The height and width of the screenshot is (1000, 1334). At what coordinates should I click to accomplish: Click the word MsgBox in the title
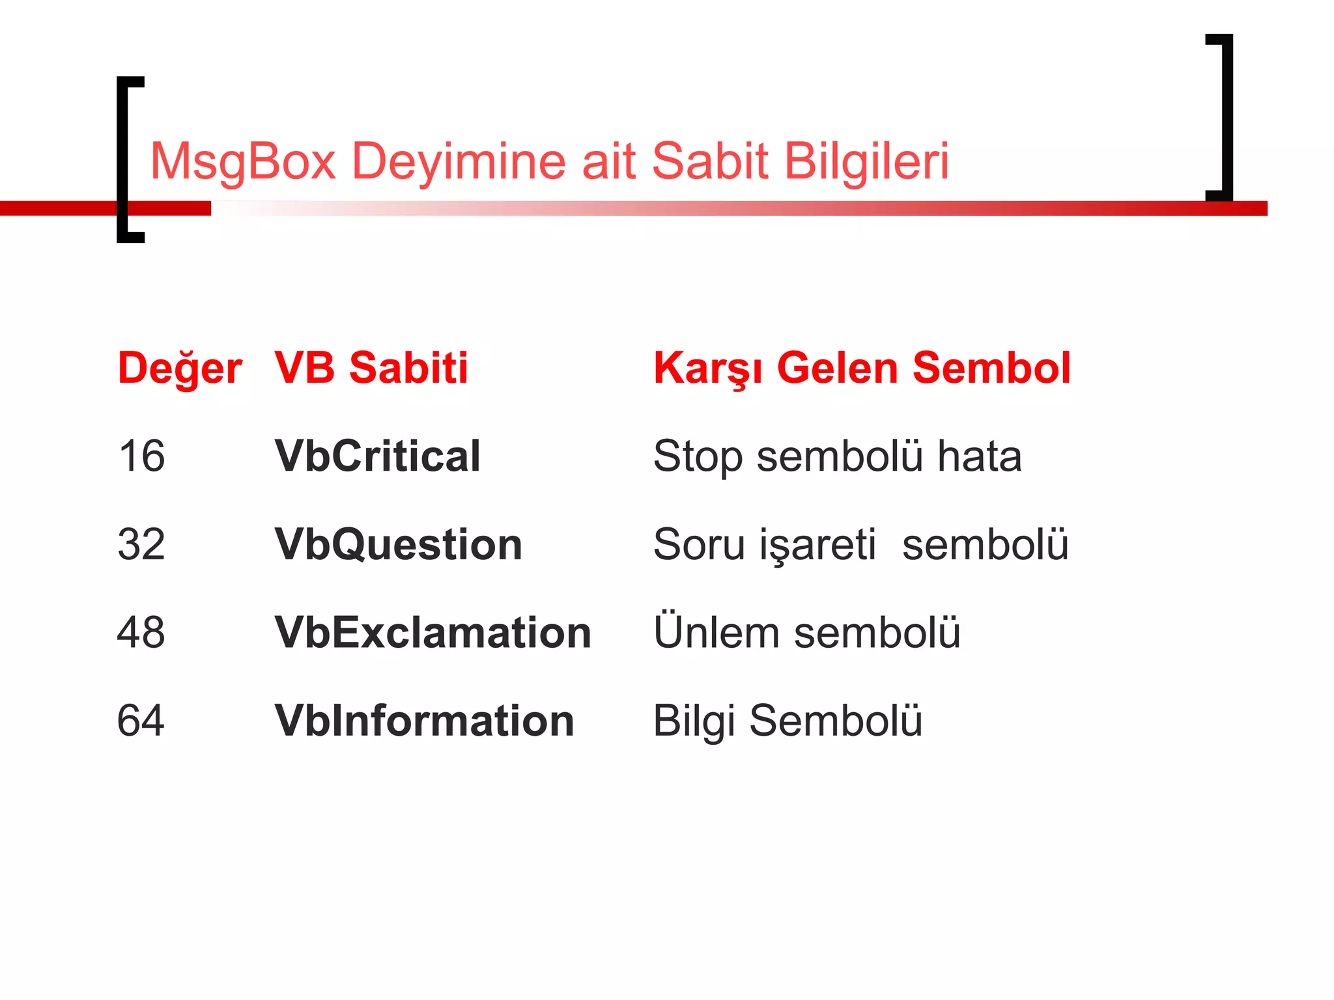[242, 161]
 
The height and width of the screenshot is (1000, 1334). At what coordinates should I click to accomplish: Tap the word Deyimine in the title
[459, 161]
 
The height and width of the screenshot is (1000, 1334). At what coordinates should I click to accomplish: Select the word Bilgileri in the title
[866, 161]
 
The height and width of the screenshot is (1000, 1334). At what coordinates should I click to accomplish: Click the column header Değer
[180, 368]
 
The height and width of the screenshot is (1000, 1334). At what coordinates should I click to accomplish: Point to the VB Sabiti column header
[371, 368]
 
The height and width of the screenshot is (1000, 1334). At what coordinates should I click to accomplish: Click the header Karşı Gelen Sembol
[862, 368]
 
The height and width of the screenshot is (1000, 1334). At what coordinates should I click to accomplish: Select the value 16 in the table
[141, 456]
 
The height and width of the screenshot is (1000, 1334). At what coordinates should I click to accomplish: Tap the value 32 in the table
[141, 544]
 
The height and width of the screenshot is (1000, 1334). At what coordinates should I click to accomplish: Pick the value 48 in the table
[141, 632]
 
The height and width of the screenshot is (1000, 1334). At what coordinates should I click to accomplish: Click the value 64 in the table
[141, 721]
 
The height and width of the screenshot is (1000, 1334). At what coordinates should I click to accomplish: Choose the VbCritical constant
[378, 456]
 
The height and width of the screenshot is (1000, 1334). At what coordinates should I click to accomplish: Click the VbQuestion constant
[399, 544]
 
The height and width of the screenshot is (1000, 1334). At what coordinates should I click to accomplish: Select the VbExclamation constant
[433, 632]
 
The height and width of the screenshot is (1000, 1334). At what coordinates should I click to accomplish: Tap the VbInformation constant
[425, 721]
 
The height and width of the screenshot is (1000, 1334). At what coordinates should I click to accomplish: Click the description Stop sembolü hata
[838, 456]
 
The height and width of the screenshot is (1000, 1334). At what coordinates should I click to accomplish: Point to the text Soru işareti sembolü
[861, 544]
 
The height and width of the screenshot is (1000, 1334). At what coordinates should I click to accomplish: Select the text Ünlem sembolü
[807, 632]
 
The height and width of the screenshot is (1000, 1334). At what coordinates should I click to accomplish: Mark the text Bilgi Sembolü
[788, 721]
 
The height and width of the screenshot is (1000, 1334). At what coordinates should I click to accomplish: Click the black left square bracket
[123, 160]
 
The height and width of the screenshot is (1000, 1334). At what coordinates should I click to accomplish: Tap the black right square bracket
[1227, 117]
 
